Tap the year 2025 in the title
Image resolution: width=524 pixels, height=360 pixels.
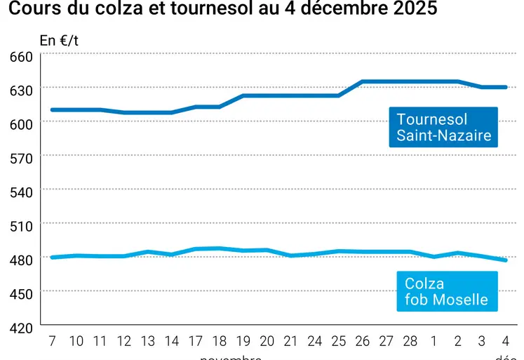pyautogui.click(x=415, y=9)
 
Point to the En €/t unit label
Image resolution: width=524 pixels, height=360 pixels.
pyautogui.click(x=60, y=40)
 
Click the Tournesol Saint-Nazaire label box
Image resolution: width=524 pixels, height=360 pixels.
pyautogui.click(x=443, y=127)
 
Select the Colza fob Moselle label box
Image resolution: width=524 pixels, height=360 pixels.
pyautogui.click(x=446, y=291)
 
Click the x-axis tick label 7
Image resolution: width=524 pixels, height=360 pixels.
pyautogui.click(x=52, y=341)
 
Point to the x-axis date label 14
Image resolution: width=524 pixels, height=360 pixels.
pyautogui.click(x=172, y=341)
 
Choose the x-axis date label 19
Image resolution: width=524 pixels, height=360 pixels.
pyautogui.click(x=243, y=341)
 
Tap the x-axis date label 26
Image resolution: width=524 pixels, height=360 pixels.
pyautogui.click(x=363, y=341)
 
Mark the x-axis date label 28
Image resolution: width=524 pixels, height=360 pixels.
pyautogui.click(x=410, y=341)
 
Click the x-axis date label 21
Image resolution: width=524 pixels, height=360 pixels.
pyautogui.click(x=291, y=341)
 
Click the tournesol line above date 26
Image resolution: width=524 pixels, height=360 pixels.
pyautogui.click(x=363, y=81)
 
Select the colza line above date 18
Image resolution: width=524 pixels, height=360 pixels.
pyautogui.click(x=220, y=248)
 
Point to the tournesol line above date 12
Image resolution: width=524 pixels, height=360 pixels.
pyautogui.click(x=124, y=112)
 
